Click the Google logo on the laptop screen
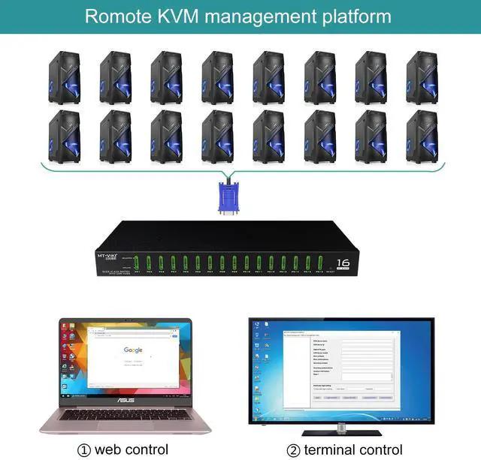pyautogui.click(x=133, y=350)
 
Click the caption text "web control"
pyautogui.click(x=132, y=449)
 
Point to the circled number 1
pyautogui.click(x=85, y=449)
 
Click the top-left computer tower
pyautogui.click(x=65, y=77)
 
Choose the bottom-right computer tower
pyautogui.click(x=422, y=136)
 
